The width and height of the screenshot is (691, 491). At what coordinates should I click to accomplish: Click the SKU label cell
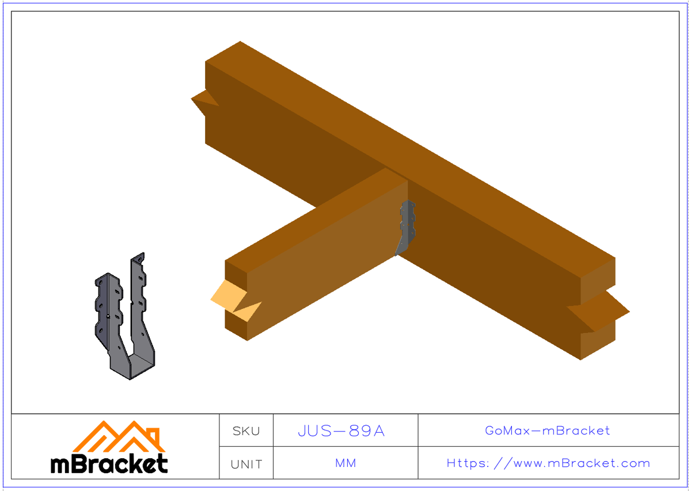[x=246, y=430]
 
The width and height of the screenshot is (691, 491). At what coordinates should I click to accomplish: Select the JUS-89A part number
[x=341, y=430]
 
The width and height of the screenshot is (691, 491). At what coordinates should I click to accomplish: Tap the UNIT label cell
[x=246, y=464]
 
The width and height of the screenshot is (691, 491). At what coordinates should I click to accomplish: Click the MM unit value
[x=345, y=463]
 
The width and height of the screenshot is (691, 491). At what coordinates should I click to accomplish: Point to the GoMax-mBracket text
[x=547, y=430]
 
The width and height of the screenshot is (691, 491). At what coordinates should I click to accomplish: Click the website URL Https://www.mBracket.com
[x=548, y=463]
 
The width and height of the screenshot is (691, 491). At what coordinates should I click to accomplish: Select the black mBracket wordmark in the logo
[x=109, y=464]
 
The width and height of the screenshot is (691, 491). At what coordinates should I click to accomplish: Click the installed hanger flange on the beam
[x=407, y=225]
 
